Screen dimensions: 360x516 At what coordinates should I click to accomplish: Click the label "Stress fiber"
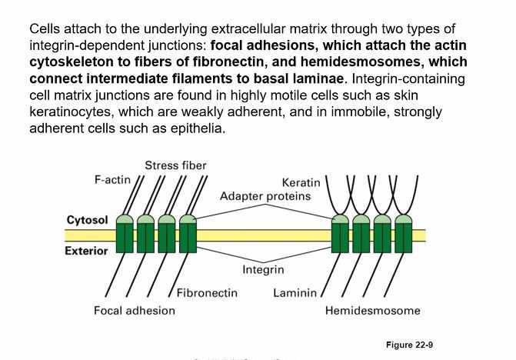175,165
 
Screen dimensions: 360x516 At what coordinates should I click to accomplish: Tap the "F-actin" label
112,179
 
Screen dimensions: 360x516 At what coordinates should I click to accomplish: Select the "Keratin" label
301,182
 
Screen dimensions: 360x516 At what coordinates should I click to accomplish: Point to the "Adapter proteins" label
265,196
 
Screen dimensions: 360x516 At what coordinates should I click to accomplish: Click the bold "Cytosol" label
87,220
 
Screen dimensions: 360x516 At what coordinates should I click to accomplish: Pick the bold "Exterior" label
86,251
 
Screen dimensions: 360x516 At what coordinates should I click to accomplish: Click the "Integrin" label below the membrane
263,270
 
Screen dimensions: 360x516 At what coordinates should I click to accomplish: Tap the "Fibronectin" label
207,293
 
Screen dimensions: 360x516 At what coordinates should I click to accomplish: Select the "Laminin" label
295,293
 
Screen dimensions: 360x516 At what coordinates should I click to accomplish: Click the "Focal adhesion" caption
135,311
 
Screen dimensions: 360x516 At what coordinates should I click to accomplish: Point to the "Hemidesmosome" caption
372,311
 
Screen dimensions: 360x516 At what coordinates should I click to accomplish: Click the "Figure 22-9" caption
409,345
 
